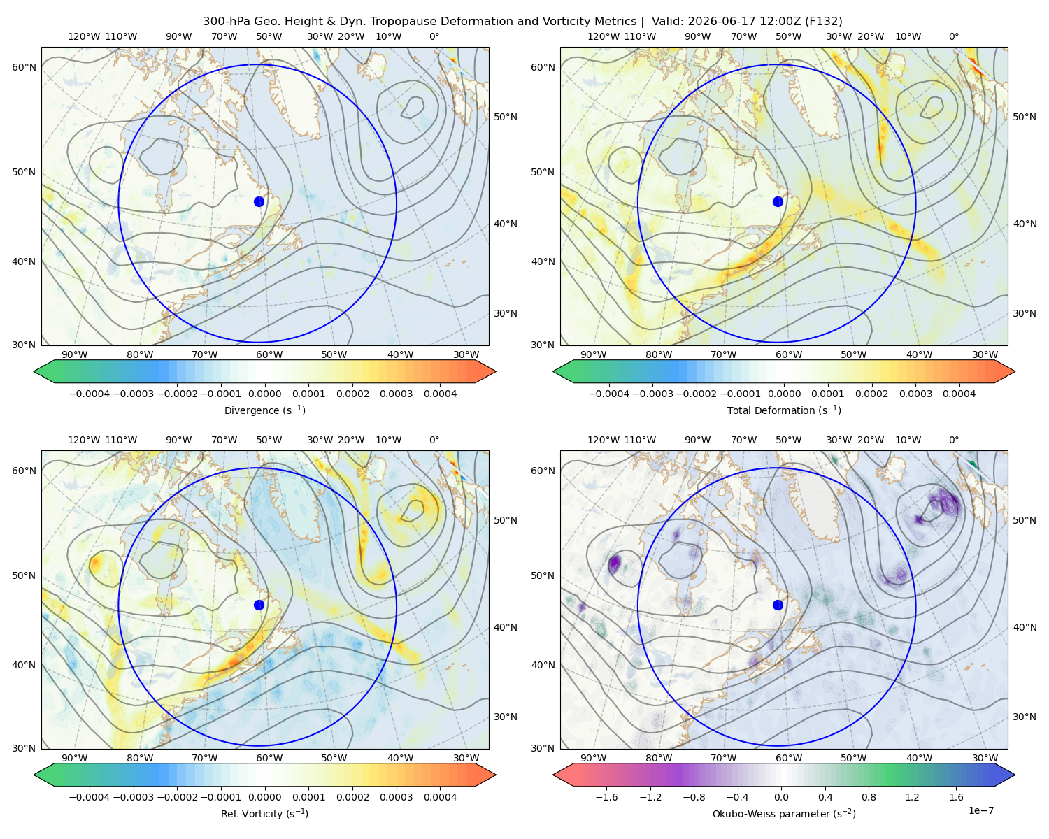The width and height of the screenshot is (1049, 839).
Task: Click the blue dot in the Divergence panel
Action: (259, 202)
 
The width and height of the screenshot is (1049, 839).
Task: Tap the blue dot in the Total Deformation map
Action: (778, 202)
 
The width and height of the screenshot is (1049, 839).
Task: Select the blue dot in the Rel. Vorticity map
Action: (259, 605)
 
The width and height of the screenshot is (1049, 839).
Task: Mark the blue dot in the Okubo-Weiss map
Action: (778, 605)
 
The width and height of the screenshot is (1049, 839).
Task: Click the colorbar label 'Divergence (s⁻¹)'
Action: (264, 410)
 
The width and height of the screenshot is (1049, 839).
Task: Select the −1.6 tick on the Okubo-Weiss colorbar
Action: (607, 797)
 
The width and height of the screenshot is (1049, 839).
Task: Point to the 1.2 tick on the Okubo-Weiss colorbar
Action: (912, 797)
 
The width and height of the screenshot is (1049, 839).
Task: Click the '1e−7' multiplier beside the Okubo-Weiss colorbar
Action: (980, 810)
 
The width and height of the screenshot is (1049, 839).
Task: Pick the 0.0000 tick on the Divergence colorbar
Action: (264, 394)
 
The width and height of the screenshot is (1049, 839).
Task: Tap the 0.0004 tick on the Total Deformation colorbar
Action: (959, 394)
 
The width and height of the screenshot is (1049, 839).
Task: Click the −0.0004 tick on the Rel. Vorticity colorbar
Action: (90, 797)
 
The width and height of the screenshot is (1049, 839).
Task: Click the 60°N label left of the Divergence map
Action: (24, 67)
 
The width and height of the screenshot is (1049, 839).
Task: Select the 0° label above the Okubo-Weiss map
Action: (953, 440)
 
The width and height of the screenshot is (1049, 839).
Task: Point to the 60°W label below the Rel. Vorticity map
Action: (269, 758)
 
